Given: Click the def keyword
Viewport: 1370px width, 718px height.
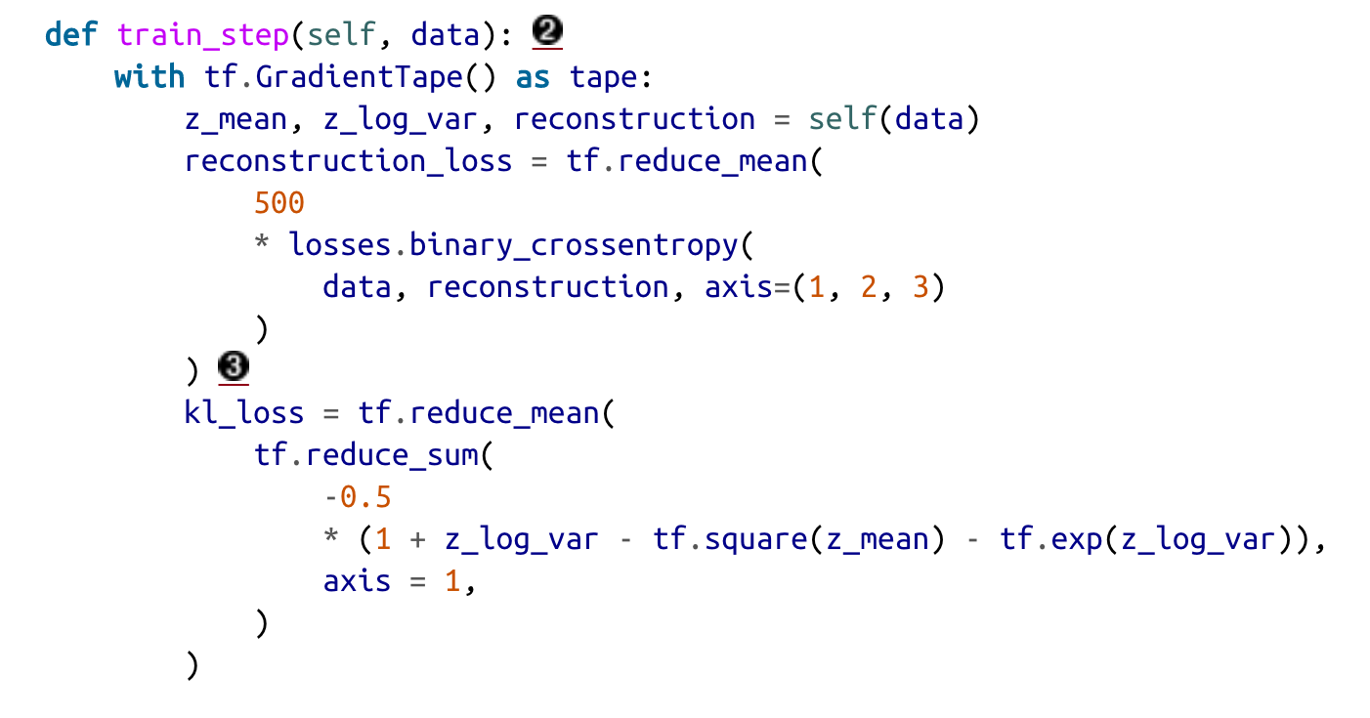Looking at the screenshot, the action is [x=71, y=35].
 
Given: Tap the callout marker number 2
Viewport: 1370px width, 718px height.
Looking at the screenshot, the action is [x=548, y=33].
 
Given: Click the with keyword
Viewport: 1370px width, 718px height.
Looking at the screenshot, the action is [x=150, y=77].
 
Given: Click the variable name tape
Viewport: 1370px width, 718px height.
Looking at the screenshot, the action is [x=603, y=77].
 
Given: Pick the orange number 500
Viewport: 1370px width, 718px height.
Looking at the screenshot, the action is [x=279, y=203].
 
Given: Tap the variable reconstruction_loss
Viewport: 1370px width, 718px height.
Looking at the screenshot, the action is [x=348, y=161].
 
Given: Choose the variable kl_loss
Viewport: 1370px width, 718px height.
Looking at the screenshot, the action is [x=244, y=413].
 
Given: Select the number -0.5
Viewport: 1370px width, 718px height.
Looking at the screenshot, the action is [x=358, y=497].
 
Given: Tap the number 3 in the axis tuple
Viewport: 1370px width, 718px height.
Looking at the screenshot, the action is [x=919, y=287].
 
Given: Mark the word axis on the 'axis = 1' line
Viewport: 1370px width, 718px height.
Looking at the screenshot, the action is [x=358, y=581].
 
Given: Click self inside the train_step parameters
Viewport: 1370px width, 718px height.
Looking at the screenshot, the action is [x=341, y=35].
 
